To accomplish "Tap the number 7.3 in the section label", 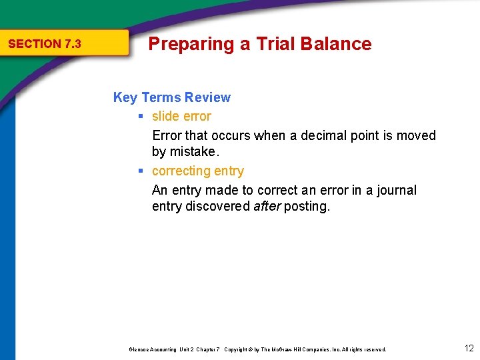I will [x=73, y=44].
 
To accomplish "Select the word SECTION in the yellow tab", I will [x=35, y=44].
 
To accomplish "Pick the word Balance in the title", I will [x=336, y=44].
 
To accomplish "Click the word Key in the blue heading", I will [x=125, y=97].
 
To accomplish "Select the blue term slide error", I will [x=181, y=116].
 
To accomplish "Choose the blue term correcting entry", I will [x=198, y=171].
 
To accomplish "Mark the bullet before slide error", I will [x=141, y=117].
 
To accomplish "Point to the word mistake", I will [x=193, y=151].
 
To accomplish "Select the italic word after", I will [x=267, y=206].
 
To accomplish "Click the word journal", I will [x=394, y=190].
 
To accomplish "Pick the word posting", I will [x=307, y=207].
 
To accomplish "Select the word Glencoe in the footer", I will [x=139, y=349].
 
